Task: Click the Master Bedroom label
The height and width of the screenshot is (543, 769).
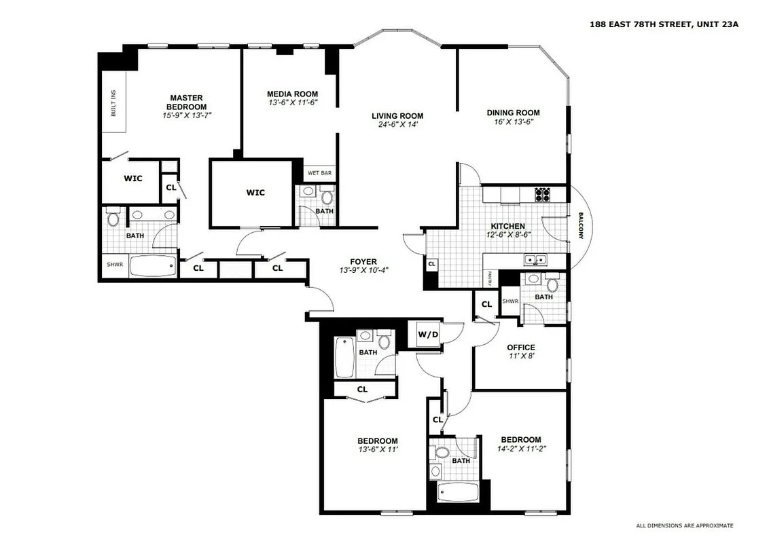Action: (x=186, y=102)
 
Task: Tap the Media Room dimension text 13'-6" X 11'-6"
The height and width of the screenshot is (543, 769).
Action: (x=292, y=102)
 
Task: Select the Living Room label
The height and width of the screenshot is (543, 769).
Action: (x=397, y=115)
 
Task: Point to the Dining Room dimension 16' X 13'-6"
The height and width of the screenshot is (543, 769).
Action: (x=513, y=122)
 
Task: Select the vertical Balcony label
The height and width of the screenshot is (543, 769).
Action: (x=581, y=226)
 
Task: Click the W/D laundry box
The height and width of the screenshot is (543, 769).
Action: (x=428, y=334)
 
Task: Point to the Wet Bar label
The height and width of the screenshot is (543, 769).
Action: (x=319, y=173)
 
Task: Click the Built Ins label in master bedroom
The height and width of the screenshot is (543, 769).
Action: (x=113, y=102)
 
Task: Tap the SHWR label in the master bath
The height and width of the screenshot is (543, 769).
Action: (x=114, y=265)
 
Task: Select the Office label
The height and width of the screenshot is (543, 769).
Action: (x=521, y=348)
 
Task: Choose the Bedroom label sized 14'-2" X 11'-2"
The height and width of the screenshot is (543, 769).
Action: (x=521, y=439)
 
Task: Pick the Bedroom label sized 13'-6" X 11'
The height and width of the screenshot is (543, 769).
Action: (x=378, y=441)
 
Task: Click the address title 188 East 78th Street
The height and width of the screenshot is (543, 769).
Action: (x=664, y=24)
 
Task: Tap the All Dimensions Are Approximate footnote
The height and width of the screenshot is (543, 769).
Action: (x=684, y=525)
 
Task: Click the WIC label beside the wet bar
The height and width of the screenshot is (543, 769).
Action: (x=255, y=193)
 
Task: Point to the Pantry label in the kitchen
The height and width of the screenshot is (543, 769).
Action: (x=488, y=278)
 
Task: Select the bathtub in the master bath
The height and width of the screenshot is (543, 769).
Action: (x=152, y=265)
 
